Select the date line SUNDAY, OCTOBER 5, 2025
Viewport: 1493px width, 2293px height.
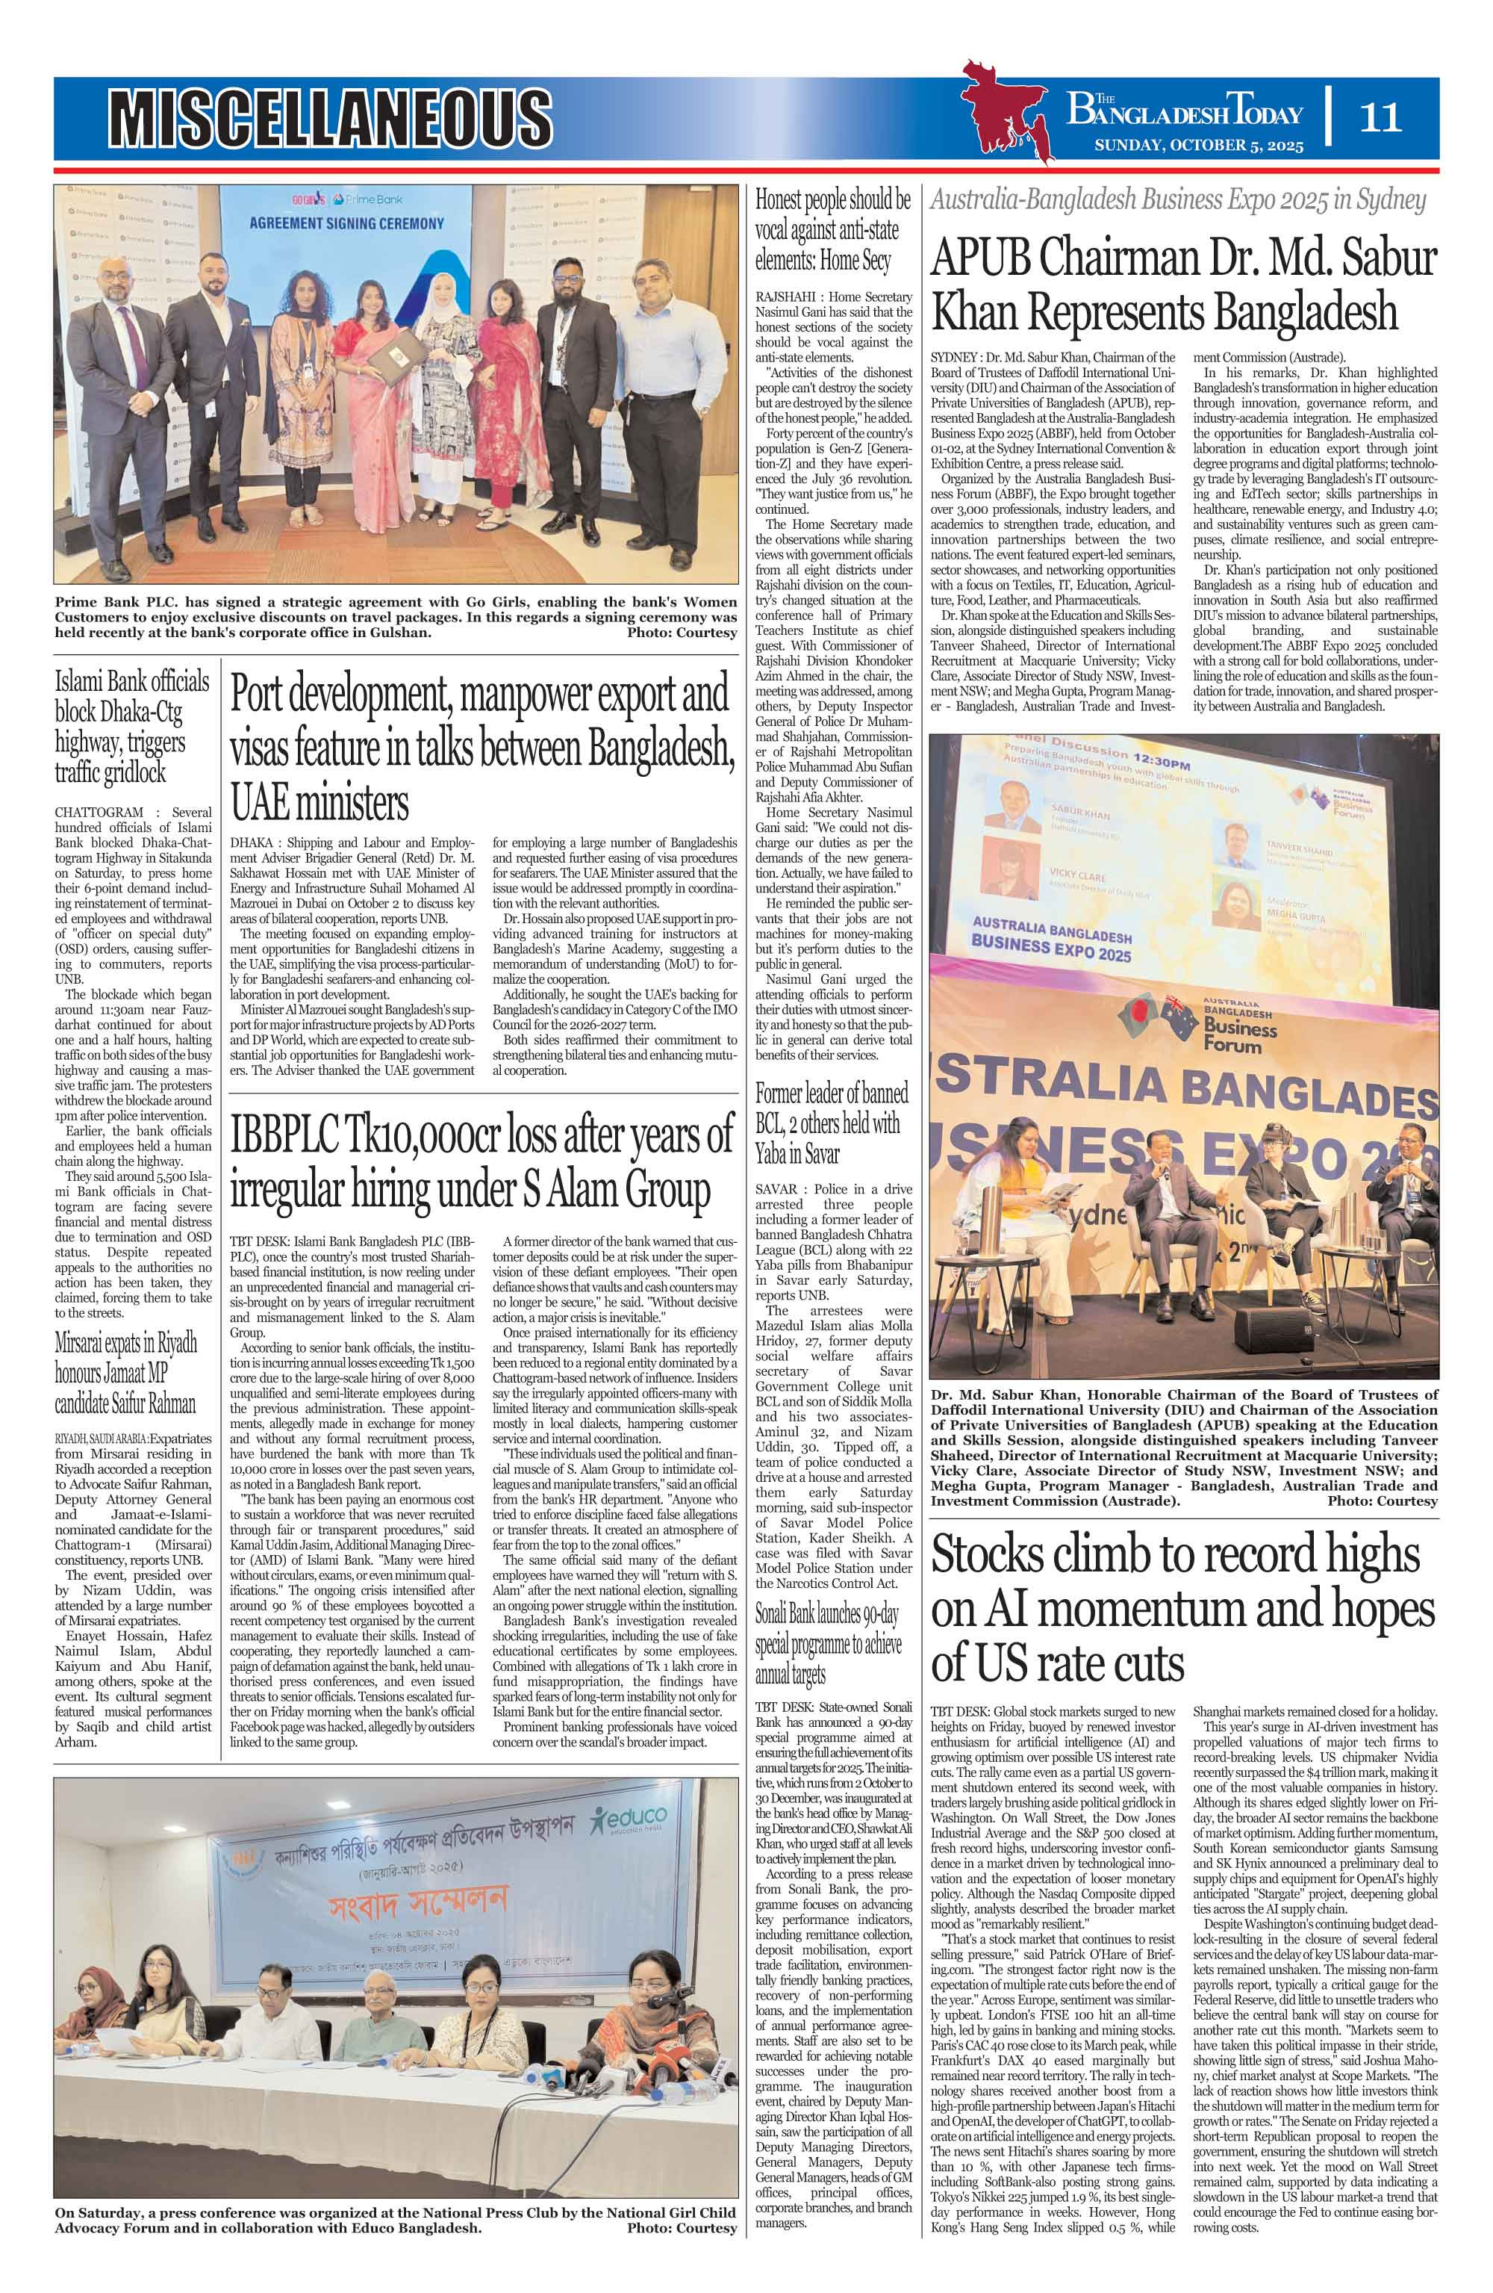tap(1197, 146)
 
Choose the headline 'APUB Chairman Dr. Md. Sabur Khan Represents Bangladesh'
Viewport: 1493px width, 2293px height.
tap(1183, 286)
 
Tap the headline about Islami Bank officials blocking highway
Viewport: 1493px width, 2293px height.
tap(132, 727)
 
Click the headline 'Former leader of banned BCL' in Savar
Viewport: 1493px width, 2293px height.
tap(830, 1123)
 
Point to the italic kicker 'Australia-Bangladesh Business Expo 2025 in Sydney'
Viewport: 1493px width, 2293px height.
tap(1177, 202)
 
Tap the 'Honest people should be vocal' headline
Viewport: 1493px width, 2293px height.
tap(832, 230)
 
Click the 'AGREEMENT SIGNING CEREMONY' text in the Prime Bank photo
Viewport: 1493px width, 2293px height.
tap(347, 223)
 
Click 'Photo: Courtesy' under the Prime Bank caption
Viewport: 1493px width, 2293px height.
tap(681, 633)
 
